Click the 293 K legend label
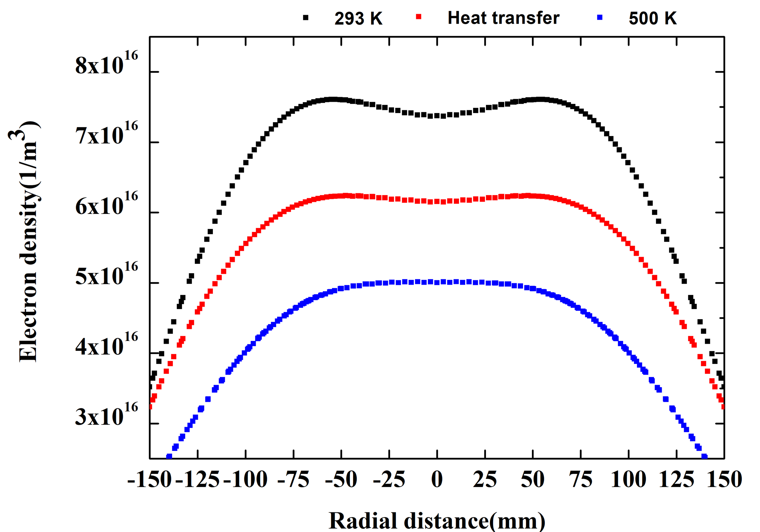point(358,18)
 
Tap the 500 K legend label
point(652,18)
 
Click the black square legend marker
point(305,18)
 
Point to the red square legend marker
point(419,17)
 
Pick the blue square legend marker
point(600,18)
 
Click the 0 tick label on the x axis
point(437,479)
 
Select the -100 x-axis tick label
point(245,479)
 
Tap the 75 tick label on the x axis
point(581,479)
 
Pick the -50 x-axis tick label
point(341,479)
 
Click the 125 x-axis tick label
point(676,479)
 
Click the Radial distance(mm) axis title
point(437,521)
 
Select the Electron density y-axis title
point(28,242)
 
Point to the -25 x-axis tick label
point(389,479)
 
